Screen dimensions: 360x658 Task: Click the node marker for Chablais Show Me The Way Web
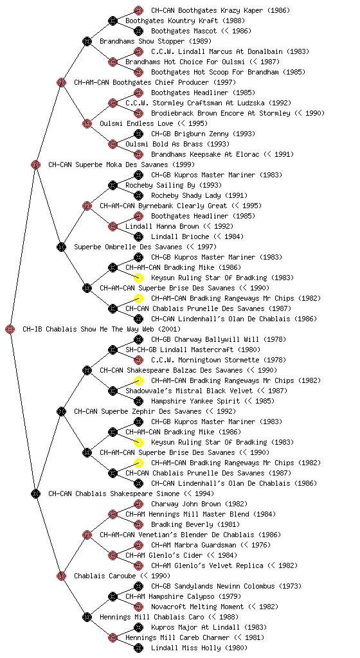[x=10, y=330]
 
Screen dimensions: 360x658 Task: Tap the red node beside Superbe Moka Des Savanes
[x=35, y=165]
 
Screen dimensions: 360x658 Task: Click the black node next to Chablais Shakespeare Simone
[x=35, y=494]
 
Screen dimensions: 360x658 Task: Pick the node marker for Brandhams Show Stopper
[x=87, y=42]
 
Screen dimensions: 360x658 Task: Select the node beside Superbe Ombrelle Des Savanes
[x=61, y=247]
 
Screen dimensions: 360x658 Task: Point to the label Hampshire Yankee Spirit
[x=195, y=401]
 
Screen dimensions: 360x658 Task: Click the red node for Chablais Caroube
[x=61, y=576]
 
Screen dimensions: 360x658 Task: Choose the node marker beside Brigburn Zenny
[x=138, y=134]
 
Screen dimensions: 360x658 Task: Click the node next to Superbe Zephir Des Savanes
[x=61, y=412]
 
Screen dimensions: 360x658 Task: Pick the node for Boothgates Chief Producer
[x=61, y=83]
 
